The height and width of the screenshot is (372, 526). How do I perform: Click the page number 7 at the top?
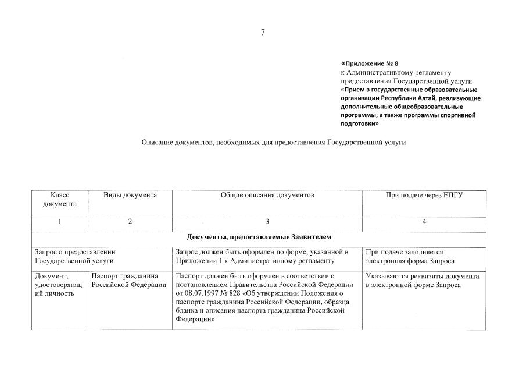pyautogui.click(x=263, y=33)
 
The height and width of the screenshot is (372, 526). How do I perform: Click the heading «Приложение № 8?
pyautogui.click(x=370, y=63)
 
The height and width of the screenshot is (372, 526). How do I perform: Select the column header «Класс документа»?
pyautogui.click(x=60, y=200)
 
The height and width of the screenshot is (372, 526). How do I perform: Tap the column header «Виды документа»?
pyautogui.click(x=130, y=195)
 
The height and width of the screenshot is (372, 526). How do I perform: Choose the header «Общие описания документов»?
pyautogui.click(x=267, y=195)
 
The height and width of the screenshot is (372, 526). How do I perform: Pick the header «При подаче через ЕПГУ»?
pyautogui.click(x=424, y=195)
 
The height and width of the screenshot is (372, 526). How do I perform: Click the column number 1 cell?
pyautogui.click(x=60, y=221)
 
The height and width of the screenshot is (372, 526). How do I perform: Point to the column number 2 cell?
pyautogui.click(x=130, y=221)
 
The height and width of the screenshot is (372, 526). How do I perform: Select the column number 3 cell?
pyautogui.click(x=267, y=221)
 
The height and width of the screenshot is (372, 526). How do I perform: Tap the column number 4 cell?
pyautogui.click(x=424, y=221)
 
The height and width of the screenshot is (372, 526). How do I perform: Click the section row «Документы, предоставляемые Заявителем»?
pyautogui.click(x=259, y=237)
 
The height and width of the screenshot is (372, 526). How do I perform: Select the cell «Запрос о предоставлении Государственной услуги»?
pyautogui.click(x=76, y=257)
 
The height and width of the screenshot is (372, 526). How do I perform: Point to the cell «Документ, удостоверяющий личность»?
pyautogui.click(x=59, y=285)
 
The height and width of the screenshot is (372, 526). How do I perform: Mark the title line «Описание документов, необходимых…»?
pyautogui.click(x=273, y=142)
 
